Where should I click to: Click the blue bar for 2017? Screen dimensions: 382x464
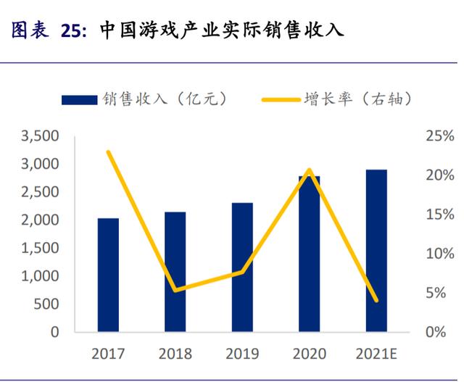click(108, 275)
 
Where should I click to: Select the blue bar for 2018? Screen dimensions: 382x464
click(175, 273)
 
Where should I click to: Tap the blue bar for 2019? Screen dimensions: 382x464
click(242, 267)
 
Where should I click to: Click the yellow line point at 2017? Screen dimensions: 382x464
click(108, 152)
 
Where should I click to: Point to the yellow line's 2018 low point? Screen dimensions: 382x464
click(175, 290)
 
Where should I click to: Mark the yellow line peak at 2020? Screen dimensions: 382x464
click(310, 170)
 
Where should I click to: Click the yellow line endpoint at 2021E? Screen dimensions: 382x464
click(376, 300)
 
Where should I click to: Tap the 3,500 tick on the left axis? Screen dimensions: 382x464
click(40, 136)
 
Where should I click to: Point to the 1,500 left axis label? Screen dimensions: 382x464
click(40, 248)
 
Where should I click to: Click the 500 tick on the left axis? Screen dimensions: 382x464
click(48, 304)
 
